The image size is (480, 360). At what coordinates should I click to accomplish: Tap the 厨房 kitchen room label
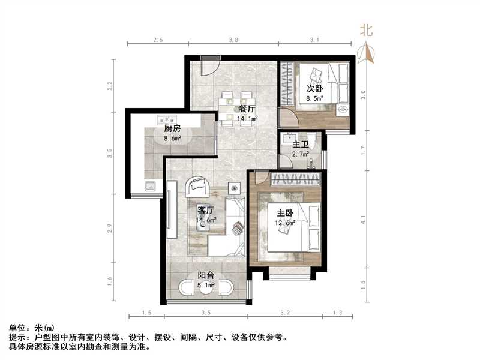pyautogui.click(x=173, y=128)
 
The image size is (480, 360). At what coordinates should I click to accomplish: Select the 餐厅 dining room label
pyautogui.click(x=247, y=109)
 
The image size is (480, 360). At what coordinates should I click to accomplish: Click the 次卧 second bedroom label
pyautogui.click(x=315, y=89)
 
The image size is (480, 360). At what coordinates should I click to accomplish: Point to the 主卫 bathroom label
pyautogui.click(x=300, y=145)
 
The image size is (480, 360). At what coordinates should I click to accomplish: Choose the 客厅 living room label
pyautogui.click(x=206, y=211)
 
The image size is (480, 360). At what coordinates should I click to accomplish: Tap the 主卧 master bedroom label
pyautogui.click(x=285, y=213)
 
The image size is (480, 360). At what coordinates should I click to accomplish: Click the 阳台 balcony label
pyautogui.click(x=207, y=275)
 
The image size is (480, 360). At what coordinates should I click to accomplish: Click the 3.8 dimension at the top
pyautogui.click(x=233, y=40)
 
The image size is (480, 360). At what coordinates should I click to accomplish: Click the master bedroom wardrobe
pyautogui.click(x=294, y=179)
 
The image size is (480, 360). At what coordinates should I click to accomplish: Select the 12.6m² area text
pyautogui.click(x=286, y=223)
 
